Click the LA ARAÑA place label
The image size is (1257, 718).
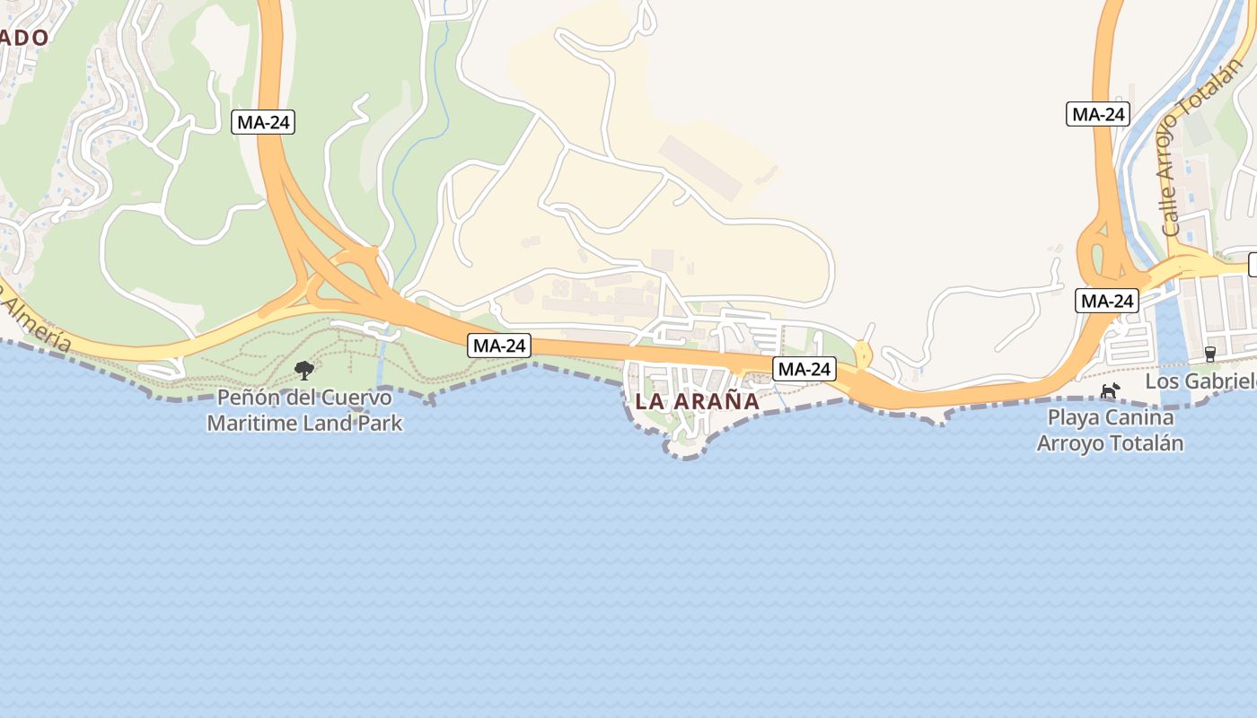(x=697, y=402)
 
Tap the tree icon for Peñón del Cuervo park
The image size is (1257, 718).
(x=304, y=370)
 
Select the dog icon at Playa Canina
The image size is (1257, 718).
(x=1111, y=390)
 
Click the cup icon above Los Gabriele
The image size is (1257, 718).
(x=1209, y=354)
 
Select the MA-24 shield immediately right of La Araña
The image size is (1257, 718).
(x=804, y=368)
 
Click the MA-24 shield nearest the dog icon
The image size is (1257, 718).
(x=1106, y=301)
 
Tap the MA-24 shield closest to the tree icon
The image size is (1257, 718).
(x=498, y=345)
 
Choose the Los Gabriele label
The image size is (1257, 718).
(x=1200, y=381)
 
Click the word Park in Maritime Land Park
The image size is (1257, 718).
(x=381, y=422)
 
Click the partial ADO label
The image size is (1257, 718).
(x=23, y=37)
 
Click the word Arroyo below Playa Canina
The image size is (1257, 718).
(x=1069, y=443)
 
